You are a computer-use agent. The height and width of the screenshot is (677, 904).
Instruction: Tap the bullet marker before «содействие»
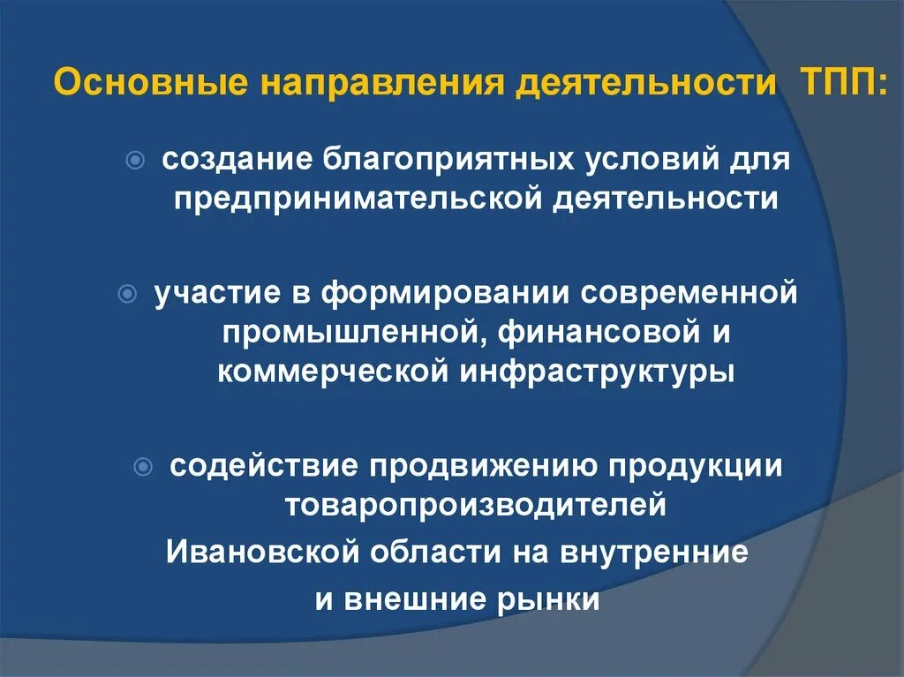(x=145, y=466)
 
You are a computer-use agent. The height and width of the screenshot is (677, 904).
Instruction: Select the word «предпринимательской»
(x=357, y=199)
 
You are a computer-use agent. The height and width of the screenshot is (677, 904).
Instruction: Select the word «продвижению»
(x=480, y=466)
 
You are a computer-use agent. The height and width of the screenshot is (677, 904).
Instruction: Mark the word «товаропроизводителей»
(x=475, y=506)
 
